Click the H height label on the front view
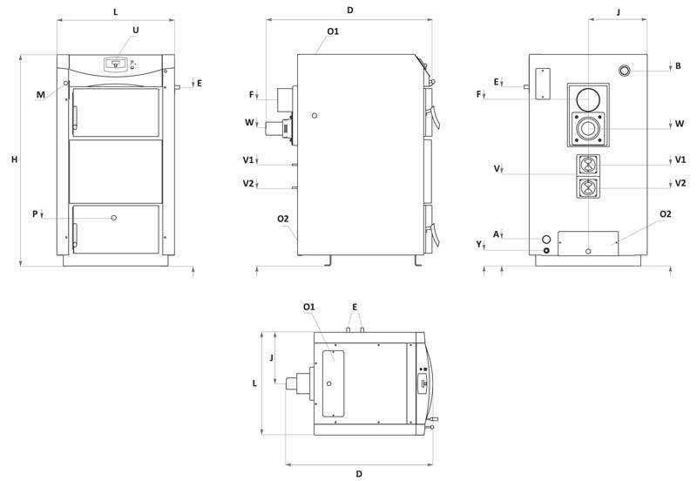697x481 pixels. point(15,159)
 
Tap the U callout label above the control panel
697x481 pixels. point(136,30)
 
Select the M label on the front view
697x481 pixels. point(40,95)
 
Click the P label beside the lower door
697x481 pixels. point(35,214)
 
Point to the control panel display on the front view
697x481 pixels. point(116,64)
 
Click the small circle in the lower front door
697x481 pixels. point(114,217)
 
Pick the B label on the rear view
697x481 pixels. point(678,66)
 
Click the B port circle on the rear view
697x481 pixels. point(625,71)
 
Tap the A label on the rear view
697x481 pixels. point(496,234)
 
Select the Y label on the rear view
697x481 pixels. point(479,244)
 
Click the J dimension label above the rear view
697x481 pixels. point(619,12)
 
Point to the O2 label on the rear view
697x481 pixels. point(665,214)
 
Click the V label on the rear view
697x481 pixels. point(497,169)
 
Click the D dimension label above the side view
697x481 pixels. point(350,10)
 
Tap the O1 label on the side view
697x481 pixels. point(333,31)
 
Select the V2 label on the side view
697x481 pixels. point(248,183)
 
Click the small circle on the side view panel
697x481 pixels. point(315,116)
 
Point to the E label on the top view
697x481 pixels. point(355,308)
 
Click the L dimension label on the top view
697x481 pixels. point(254,383)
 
